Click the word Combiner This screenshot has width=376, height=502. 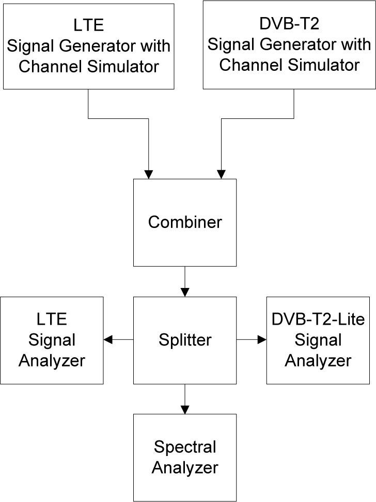tap(185, 222)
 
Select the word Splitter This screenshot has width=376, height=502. tap(185, 340)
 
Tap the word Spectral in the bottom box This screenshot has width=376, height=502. tap(185, 447)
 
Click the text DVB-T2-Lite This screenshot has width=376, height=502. tap(318, 320)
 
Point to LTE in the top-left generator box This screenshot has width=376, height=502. tap(88, 26)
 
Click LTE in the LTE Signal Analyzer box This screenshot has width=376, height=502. tap(52, 320)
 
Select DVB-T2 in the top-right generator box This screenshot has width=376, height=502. tap(289, 24)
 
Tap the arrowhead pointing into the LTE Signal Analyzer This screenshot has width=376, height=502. tap(108, 340)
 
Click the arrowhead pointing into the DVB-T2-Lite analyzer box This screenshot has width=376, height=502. tap(262, 340)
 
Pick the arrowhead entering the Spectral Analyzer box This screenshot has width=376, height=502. tap(185, 409)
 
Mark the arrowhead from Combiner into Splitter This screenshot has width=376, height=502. tap(185, 292)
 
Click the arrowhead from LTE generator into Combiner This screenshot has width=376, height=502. tap(149, 175)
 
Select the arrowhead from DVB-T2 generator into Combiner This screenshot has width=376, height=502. tap(221, 175)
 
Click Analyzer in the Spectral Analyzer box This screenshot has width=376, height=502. tap(185, 468)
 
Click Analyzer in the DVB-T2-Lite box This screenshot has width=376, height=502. tap(318, 360)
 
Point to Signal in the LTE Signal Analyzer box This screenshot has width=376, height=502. tap(52, 340)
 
